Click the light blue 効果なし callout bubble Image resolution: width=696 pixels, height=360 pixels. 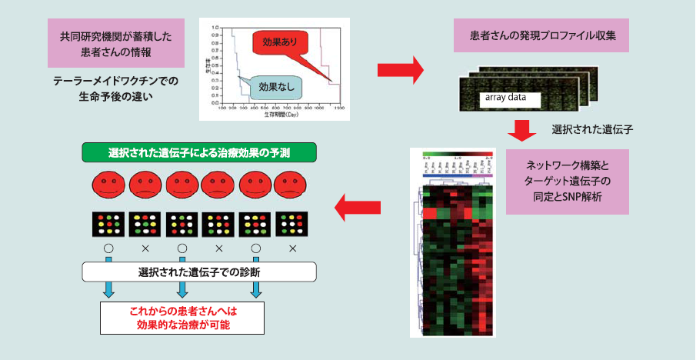[272, 87]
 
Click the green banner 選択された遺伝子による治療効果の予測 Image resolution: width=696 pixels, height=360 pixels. [199, 152]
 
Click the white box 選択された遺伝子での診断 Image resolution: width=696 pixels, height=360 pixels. [199, 272]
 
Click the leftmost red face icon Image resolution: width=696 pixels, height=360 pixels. [109, 185]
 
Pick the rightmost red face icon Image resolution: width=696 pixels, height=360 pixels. [292, 185]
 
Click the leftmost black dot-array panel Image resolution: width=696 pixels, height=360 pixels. [109, 225]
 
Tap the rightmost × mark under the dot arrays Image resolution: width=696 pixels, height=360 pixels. [292, 249]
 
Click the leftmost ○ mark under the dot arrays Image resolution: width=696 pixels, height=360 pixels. [109, 249]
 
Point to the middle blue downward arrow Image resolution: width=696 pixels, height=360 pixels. [182, 288]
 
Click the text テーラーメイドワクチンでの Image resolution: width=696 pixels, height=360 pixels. [115, 80]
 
